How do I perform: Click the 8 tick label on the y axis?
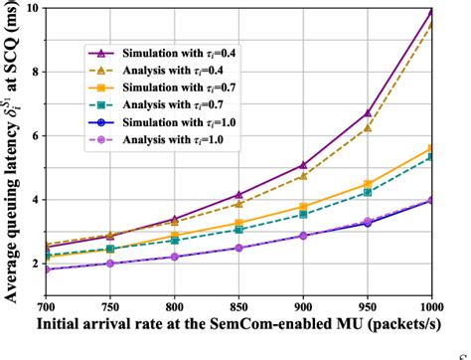[35, 73]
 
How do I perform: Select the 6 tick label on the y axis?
[35, 136]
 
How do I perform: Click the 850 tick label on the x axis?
[237, 308]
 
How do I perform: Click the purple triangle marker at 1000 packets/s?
[430, 12]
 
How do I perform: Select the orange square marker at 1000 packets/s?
[430, 148]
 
